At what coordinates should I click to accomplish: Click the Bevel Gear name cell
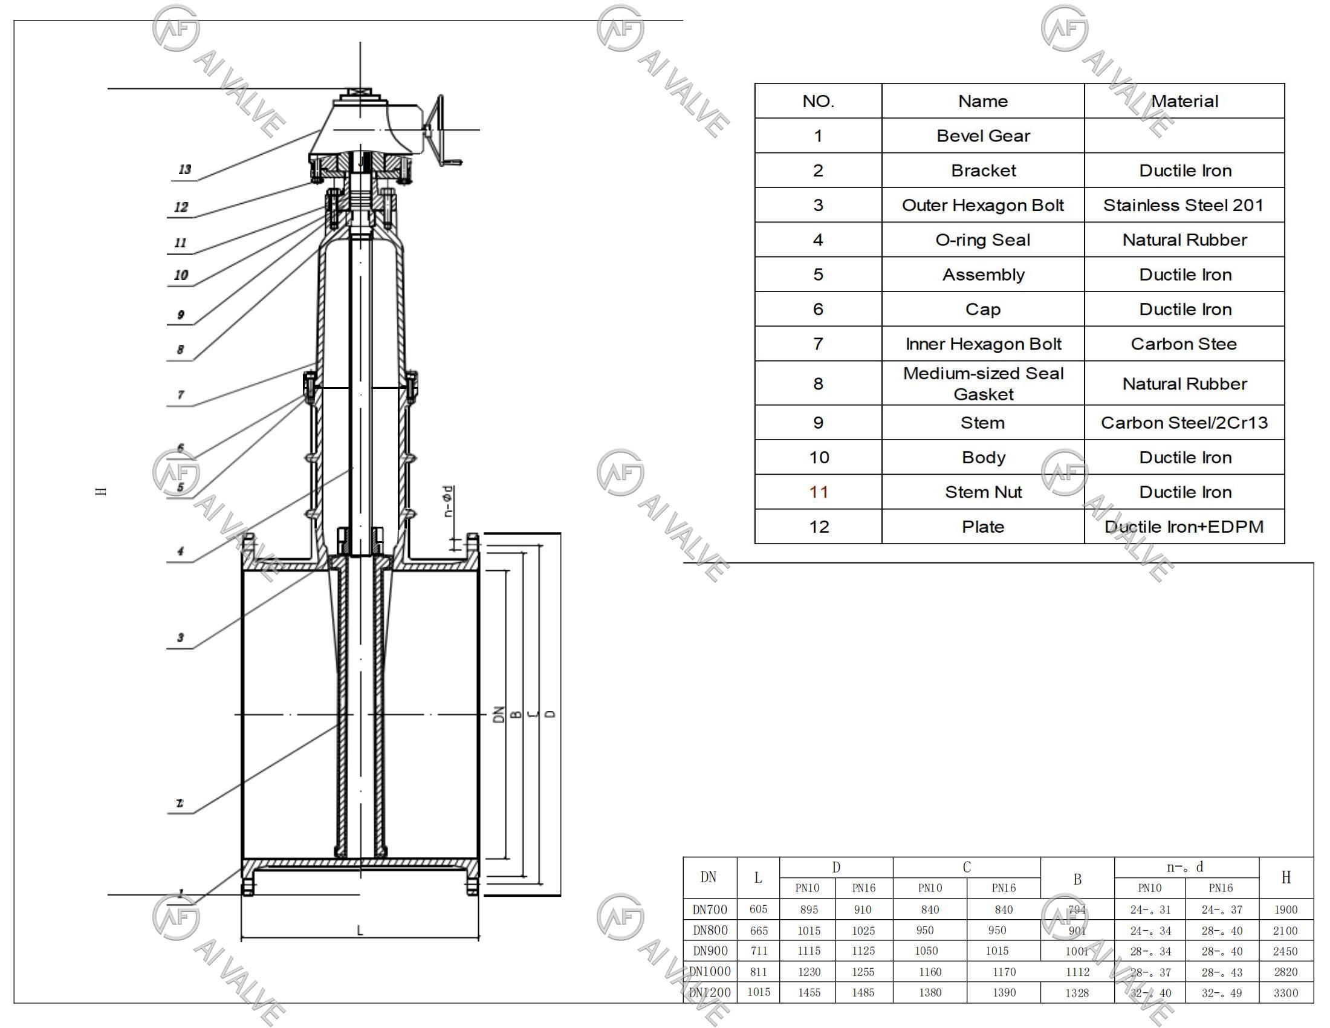[x=982, y=136]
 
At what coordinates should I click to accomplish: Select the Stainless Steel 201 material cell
[x=1183, y=205]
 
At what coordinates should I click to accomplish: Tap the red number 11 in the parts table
[x=818, y=492]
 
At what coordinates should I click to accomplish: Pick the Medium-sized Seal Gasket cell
[x=982, y=383]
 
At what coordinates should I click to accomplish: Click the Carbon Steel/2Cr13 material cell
[x=1183, y=423]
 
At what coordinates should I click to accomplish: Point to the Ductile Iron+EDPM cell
[x=1183, y=527]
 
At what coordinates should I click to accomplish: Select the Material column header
[x=1184, y=101]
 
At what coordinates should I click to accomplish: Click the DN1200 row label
[x=710, y=993]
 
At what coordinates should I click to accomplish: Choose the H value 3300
[x=1285, y=994]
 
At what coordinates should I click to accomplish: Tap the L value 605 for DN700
[x=758, y=909]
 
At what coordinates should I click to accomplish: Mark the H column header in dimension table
[x=1285, y=877]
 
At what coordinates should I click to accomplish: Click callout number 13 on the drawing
[x=184, y=170]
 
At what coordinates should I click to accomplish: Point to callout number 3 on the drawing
[x=180, y=637]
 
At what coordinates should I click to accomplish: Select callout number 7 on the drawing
[x=180, y=395]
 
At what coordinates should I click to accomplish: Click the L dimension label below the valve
[x=360, y=931]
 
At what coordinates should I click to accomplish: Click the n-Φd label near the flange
[x=448, y=501]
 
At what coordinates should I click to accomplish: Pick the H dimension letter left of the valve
[x=102, y=491]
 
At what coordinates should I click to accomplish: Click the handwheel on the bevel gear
[x=437, y=129]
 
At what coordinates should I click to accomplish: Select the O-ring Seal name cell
[x=982, y=240]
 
